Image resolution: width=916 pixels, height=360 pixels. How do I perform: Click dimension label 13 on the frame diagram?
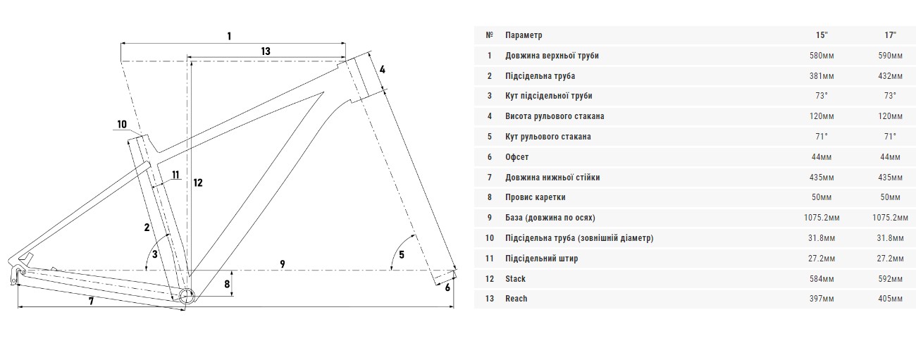point(265,51)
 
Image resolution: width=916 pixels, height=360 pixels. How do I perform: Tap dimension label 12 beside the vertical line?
point(198,182)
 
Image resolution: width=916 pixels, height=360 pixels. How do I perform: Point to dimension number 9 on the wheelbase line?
point(282,264)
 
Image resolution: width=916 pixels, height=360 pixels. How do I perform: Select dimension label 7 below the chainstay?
point(91,302)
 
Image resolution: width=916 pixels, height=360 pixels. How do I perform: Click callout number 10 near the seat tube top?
point(122,125)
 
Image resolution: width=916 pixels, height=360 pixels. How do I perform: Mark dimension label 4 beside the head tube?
point(382,69)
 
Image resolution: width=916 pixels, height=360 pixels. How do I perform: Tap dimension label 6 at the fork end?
point(447,286)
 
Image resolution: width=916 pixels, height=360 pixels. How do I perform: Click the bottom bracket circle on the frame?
point(185,296)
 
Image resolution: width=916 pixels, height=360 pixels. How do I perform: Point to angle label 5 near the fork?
point(402,254)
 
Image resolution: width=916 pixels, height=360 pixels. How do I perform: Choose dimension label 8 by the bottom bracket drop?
point(226,285)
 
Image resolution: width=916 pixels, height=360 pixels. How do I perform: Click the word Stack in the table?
point(515,279)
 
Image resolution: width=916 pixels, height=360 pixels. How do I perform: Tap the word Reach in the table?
point(516,299)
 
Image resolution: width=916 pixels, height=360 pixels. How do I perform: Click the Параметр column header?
point(524,35)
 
